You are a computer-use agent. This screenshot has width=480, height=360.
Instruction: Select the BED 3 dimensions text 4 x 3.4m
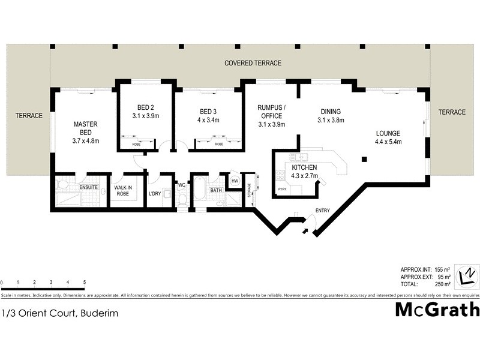pyautogui.click(x=209, y=120)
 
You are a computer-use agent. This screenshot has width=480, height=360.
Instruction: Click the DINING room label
pyautogui.click(x=331, y=112)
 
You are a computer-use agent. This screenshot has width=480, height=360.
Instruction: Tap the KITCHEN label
pyautogui.click(x=305, y=168)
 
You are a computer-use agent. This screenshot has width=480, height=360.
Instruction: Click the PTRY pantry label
pyautogui.click(x=281, y=190)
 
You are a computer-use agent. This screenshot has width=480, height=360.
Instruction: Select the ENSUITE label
pyautogui.click(x=88, y=187)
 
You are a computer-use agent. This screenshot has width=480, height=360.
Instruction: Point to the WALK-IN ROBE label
pyautogui.click(x=127, y=191)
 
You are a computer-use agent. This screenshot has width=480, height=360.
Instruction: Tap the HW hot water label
pyautogui.click(x=235, y=181)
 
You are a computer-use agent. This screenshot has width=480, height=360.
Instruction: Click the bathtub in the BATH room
pyautogui.click(x=199, y=191)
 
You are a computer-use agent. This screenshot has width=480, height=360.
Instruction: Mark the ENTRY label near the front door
pyautogui.click(x=323, y=210)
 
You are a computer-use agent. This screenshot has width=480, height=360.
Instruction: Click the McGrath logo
pyautogui.click(x=437, y=310)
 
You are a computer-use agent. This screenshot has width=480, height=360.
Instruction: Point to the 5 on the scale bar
pyautogui.click(x=85, y=282)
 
